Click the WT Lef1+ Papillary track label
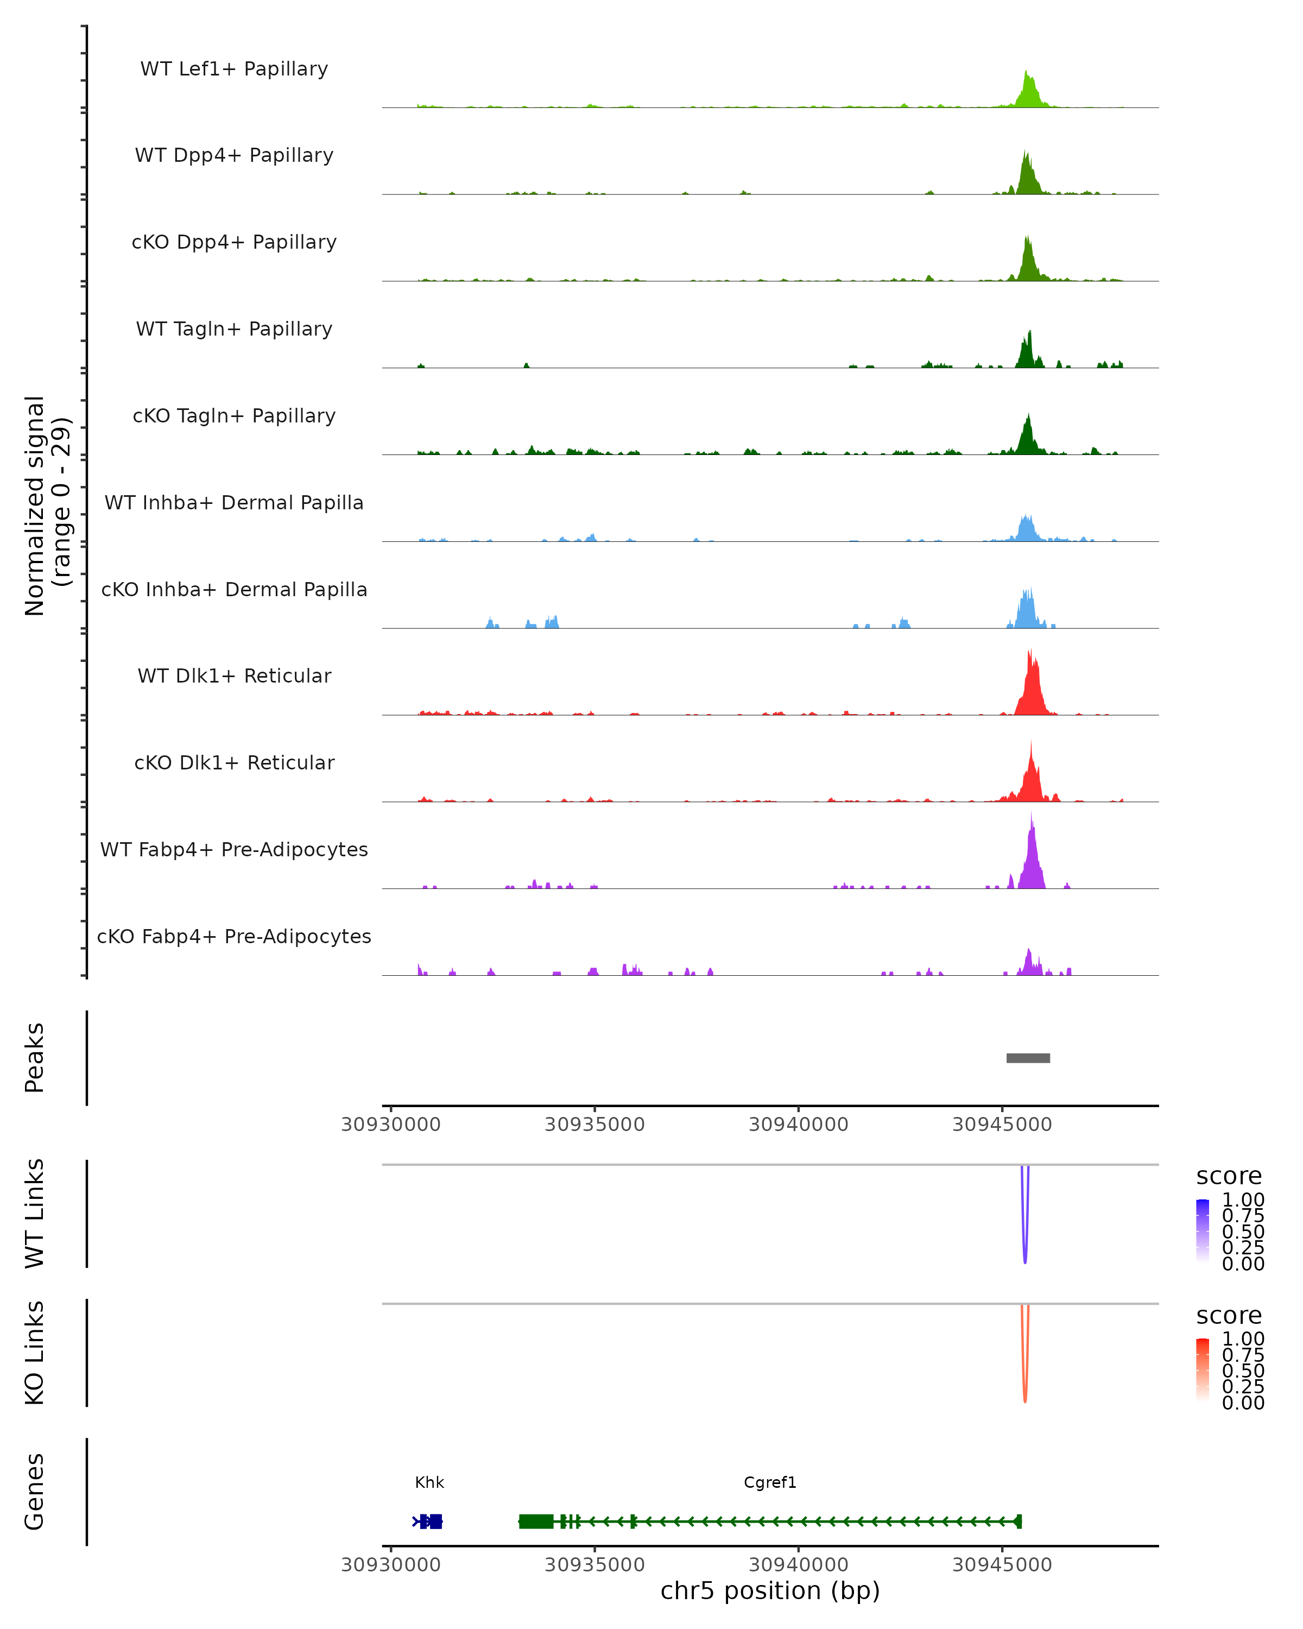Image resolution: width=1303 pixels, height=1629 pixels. pyautogui.click(x=234, y=69)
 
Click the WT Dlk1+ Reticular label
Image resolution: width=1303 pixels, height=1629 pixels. pyautogui.click(x=234, y=675)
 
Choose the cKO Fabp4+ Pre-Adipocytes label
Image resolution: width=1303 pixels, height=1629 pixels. pyautogui.click(x=234, y=936)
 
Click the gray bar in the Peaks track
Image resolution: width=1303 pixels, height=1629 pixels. pyautogui.click(x=1028, y=1058)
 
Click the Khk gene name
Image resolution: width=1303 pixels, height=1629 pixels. pyautogui.click(x=429, y=1482)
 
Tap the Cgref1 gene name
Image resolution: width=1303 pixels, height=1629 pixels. pyautogui.click(x=770, y=1482)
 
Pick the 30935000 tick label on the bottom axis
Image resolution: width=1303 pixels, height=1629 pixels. pyautogui.click(x=594, y=1565)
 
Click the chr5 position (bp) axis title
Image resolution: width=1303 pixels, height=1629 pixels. pyautogui.click(x=770, y=1591)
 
